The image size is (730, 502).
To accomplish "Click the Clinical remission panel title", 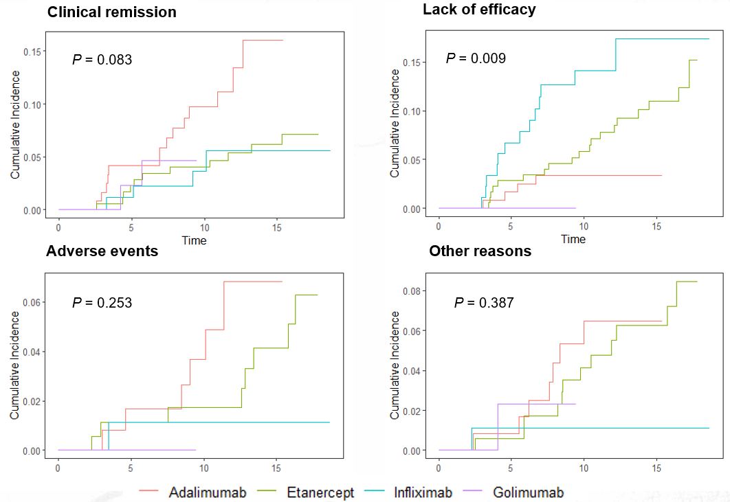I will [x=111, y=12].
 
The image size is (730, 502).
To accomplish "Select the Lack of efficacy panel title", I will [x=479, y=10].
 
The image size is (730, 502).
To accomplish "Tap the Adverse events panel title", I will [x=102, y=251].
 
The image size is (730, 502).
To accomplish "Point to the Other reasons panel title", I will [x=480, y=251].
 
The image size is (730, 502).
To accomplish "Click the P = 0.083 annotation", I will [x=102, y=60].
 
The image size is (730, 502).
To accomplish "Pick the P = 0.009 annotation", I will [x=476, y=58].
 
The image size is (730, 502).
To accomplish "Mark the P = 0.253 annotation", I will [x=102, y=303].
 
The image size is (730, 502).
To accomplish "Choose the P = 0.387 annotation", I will [x=483, y=303].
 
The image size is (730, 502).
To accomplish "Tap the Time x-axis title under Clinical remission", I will [x=194, y=240].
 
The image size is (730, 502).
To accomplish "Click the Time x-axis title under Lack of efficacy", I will [x=573, y=239].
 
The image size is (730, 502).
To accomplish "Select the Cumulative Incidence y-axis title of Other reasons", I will [x=395, y=365].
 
